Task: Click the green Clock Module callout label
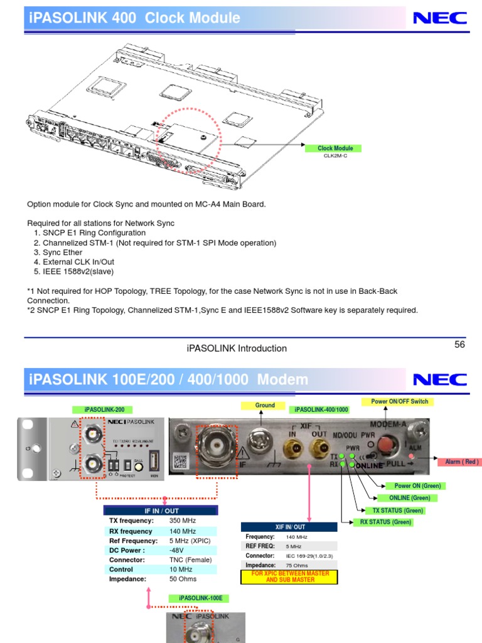point(335,148)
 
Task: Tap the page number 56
point(459,345)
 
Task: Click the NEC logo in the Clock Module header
point(439,18)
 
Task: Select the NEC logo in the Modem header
point(439,379)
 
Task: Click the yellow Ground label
point(265,406)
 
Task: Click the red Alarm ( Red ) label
point(462,462)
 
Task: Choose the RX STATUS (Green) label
point(385,522)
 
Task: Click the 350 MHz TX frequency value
point(183,521)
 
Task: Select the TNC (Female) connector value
point(191,559)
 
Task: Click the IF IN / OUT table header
point(161,511)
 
